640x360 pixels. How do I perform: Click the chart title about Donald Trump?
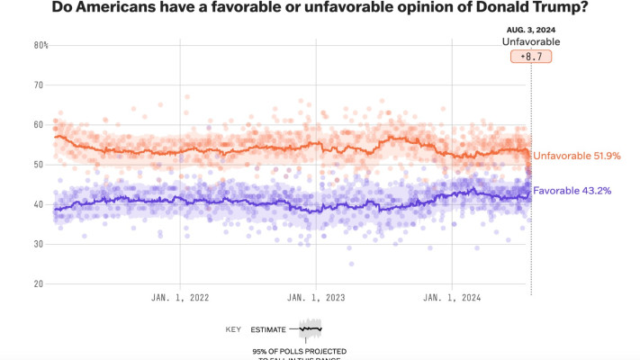pyautogui.click(x=320, y=9)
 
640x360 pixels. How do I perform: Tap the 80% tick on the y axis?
pyautogui.click(x=41, y=45)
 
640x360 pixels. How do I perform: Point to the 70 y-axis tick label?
pyautogui.click(x=39, y=85)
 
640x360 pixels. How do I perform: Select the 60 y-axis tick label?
pyautogui.click(x=39, y=125)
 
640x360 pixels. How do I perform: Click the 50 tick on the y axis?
pyautogui.click(x=39, y=165)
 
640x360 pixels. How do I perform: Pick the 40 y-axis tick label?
pyautogui.click(x=39, y=204)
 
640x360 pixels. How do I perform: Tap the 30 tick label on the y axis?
pyautogui.click(x=39, y=244)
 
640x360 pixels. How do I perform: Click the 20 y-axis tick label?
pyautogui.click(x=39, y=283)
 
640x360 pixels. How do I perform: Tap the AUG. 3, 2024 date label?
pyautogui.click(x=530, y=30)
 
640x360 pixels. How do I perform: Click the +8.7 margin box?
pyautogui.click(x=530, y=56)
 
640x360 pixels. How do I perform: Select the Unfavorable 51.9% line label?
pyautogui.click(x=578, y=156)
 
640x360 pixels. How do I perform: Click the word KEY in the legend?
pyautogui.click(x=233, y=330)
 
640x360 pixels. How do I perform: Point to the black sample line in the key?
pyautogui.click(x=311, y=329)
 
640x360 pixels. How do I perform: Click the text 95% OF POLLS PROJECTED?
pyautogui.click(x=299, y=349)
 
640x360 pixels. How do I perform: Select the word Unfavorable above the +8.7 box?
pyautogui.click(x=530, y=41)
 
